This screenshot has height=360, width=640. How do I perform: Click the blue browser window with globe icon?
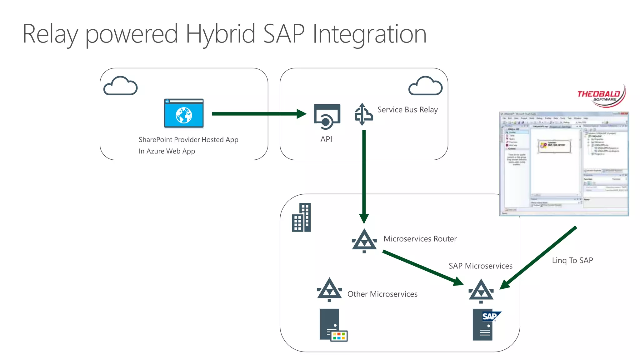(x=184, y=113)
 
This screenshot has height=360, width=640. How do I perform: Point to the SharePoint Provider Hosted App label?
(x=188, y=140)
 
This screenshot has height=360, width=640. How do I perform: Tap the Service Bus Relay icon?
(x=363, y=114)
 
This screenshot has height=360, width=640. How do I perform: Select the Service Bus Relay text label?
(x=407, y=110)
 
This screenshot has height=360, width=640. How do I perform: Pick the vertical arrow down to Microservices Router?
(x=364, y=175)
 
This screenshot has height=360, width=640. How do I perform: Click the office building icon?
(x=301, y=217)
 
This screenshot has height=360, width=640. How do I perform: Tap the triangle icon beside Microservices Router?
(x=364, y=241)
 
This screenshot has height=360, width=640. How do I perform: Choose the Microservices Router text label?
(x=420, y=239)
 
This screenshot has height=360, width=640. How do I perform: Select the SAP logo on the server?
(x=490, y=317)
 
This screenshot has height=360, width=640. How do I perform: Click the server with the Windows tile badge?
(x=331, y=325)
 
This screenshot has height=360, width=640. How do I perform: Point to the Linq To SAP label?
(x=572, y=260)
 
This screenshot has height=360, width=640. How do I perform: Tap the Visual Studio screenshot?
(x=564, y=164)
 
